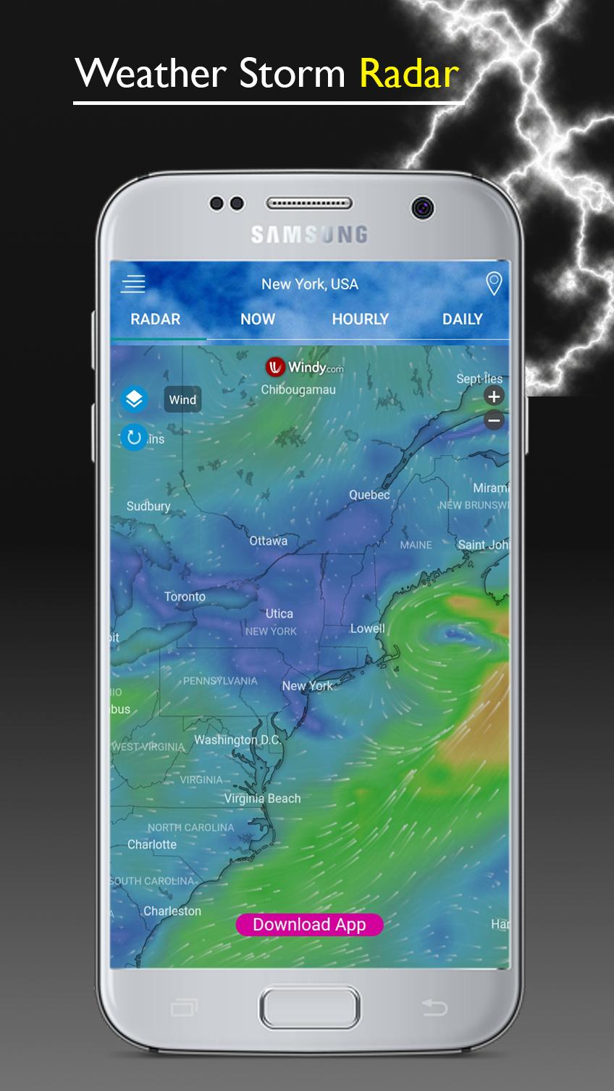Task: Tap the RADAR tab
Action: tap(155, 319)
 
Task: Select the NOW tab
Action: tap(258, 319)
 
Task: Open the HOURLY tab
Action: tap(360, 319)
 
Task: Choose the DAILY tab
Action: tap(462, 319)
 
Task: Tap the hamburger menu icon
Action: tap(133, 284)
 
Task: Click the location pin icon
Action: tap(494, 284)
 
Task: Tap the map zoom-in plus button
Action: tap(494, 396)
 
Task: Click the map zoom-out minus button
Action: tap(494, 420)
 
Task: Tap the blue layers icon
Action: tap(134, 399)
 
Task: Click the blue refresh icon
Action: tap(134, 437)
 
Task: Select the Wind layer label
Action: tap(182, 400)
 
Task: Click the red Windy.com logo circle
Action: tap(275, 368)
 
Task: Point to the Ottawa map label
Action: tap(268, 541)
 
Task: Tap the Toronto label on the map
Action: tap(185, 597)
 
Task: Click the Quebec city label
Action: tap(369, 495)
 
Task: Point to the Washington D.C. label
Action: tap(237, 740)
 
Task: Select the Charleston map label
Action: tap(172, 911)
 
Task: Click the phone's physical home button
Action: tap(309, 1007)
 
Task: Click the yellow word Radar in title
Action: tap(409, 74)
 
